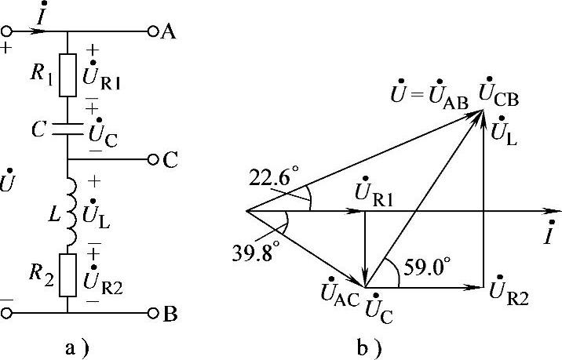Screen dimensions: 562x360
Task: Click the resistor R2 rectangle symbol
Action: [68, 273]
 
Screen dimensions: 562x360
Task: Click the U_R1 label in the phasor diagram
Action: [374, 191]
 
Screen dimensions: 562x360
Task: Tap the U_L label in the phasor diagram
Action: [500, 130]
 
